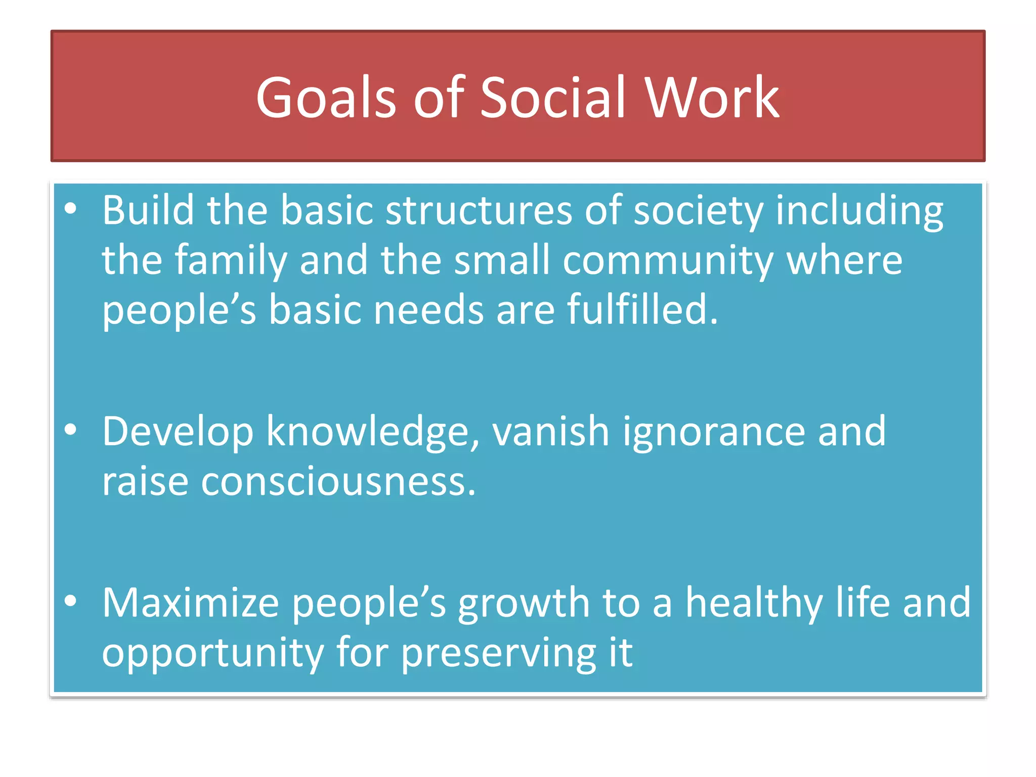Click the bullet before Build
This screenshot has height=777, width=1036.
71,208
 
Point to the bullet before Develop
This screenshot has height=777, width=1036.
71,430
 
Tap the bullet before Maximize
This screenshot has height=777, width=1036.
71,601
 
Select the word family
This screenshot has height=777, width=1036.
231,261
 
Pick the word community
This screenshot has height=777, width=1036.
668,261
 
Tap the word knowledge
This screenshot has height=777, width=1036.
373,432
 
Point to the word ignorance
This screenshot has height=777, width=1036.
713,432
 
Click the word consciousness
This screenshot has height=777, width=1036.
338,481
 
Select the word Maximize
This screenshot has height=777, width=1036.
190,602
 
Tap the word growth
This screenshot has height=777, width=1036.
524,603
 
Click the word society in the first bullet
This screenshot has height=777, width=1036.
698,210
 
